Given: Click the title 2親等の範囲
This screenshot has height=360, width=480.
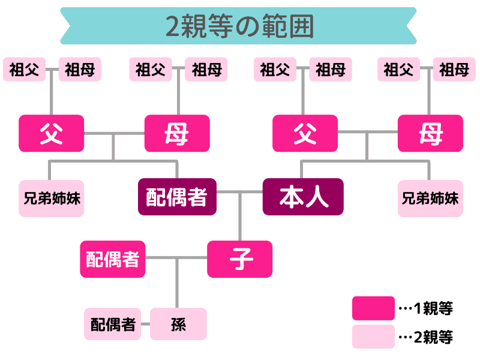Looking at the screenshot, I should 239,25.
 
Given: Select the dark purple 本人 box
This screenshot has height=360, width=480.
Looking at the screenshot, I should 303,197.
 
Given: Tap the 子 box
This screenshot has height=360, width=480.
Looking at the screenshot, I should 240,259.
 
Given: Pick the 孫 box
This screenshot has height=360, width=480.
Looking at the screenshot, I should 178,324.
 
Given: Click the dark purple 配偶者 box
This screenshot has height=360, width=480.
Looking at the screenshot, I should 177,197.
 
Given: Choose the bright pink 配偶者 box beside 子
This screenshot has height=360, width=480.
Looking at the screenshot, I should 113,259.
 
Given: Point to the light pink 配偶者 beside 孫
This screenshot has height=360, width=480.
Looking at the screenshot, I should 113,324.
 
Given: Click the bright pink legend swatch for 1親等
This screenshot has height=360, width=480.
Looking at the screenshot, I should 373,308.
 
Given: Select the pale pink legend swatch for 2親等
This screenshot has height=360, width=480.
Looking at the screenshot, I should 373,337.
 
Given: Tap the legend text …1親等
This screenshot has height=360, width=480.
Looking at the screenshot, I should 426,308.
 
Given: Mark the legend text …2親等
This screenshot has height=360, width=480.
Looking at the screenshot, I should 426,337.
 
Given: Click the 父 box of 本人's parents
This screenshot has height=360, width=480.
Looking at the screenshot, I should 305,133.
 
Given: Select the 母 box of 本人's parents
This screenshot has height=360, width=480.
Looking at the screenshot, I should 430,133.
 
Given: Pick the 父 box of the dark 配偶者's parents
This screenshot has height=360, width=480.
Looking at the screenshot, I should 51,133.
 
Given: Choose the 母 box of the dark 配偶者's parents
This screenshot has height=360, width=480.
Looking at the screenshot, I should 177,133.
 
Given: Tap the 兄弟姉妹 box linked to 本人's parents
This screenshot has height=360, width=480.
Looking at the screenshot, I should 430,197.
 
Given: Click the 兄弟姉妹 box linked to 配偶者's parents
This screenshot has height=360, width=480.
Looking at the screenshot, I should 51,197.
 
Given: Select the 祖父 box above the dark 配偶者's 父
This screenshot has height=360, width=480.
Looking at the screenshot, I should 24,70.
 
